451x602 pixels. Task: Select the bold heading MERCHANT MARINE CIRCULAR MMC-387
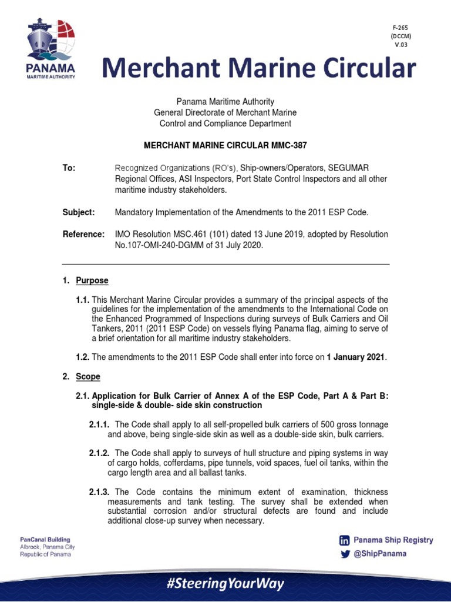tap(225, 145)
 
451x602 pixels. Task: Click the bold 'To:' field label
tap(69, 169)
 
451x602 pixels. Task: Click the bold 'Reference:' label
tap(83, 235)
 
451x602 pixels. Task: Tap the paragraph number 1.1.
tap(83, 300)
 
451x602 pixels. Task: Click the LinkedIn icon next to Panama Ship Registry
tap(345, 540)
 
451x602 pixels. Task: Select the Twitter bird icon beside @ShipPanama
tap(345, 554)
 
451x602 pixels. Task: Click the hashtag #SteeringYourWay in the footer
tap(225, 584)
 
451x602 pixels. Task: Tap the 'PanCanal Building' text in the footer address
tap(45, 540)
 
